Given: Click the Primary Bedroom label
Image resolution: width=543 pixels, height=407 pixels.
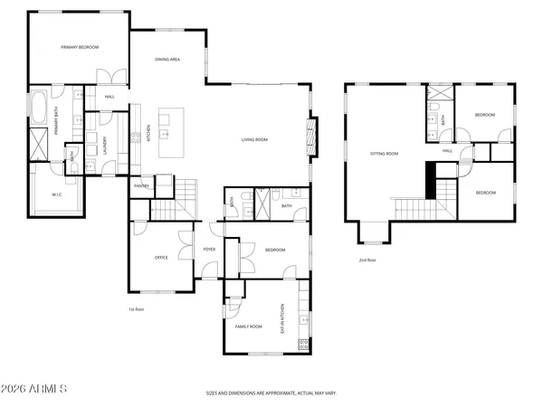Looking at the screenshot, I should click(x=79, y=47).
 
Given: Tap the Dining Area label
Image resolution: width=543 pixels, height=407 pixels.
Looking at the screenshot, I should click(x=167, y=59).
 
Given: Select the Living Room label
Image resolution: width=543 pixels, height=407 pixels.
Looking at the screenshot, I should click(x=254, y=139).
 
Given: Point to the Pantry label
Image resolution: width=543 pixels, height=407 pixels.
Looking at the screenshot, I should click(x=141, y=185).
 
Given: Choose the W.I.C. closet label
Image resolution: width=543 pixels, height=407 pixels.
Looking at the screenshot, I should click(x=56, y=194).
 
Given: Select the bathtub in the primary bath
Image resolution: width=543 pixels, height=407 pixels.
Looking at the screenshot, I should click(x=41, y=108).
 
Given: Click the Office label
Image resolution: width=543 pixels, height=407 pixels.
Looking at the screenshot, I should click(x=161, y=258).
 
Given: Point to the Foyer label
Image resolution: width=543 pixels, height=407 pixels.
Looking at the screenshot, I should click(x=209, y=249).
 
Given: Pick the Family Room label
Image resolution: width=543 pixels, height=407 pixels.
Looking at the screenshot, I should click(x=248, y=326).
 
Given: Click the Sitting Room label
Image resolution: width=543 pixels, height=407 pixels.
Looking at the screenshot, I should click(x=384, y=154).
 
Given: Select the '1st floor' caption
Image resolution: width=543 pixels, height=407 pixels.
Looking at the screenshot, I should click(x=137, y=309).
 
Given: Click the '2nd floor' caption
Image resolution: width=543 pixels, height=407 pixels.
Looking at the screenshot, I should click(x=367, y=260).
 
